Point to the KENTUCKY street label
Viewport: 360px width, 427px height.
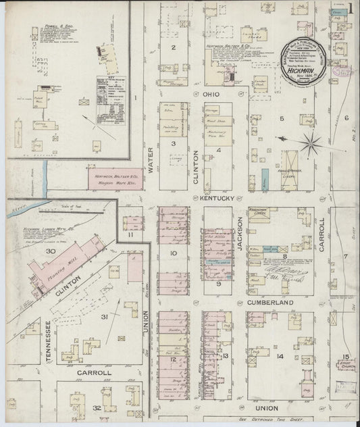click(217, 199)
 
